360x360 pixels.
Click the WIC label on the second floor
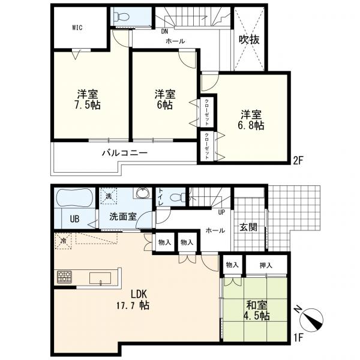click(x=77, y=28)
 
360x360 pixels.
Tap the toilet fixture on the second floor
click(x=122, y=16)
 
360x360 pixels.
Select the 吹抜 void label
click(x=249, y=40)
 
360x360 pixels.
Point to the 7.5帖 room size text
click(x=87, y=105)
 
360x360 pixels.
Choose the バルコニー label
click(x=124, y=152)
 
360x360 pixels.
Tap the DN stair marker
click(x=164, y=31)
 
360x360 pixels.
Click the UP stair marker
click(x=221, y=212)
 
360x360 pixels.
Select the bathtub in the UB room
click(x=74, y=197)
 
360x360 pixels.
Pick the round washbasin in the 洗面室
click(x=143, y=194)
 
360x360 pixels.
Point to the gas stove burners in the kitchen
click(x=65, y=277)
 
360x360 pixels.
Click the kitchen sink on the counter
click(x=100, y=278)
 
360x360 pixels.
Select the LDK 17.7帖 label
click(x=133, y=299)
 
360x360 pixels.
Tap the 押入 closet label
click(x=266, y=265)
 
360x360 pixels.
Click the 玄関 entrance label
click(x=248, y=227)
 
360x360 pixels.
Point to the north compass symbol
click(x=311, y=319)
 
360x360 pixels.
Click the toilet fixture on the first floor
click(x=178, y=197)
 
